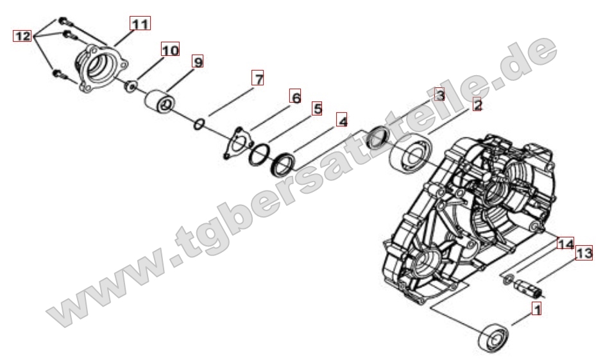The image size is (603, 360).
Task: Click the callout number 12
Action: (x=22, y=37)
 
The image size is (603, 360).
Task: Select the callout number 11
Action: (x=139, y=24)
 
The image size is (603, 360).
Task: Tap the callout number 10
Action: (x=170, y=49)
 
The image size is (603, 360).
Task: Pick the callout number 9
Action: (x=198, y=62)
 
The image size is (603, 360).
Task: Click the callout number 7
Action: (x=257, y=80)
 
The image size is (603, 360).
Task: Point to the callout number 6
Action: (x=295, y=97)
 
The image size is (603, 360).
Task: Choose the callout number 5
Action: (x=316, y=108)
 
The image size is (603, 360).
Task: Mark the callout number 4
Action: (x=343, y=121)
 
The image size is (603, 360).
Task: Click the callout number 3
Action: (x=439, y=95)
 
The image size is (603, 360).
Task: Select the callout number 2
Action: (x=477, y=105)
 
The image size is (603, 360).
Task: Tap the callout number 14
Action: (x=565, y=244)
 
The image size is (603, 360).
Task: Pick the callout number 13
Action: (x=583, y=254)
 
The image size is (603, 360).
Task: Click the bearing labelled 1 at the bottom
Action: (x=493, y=336)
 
